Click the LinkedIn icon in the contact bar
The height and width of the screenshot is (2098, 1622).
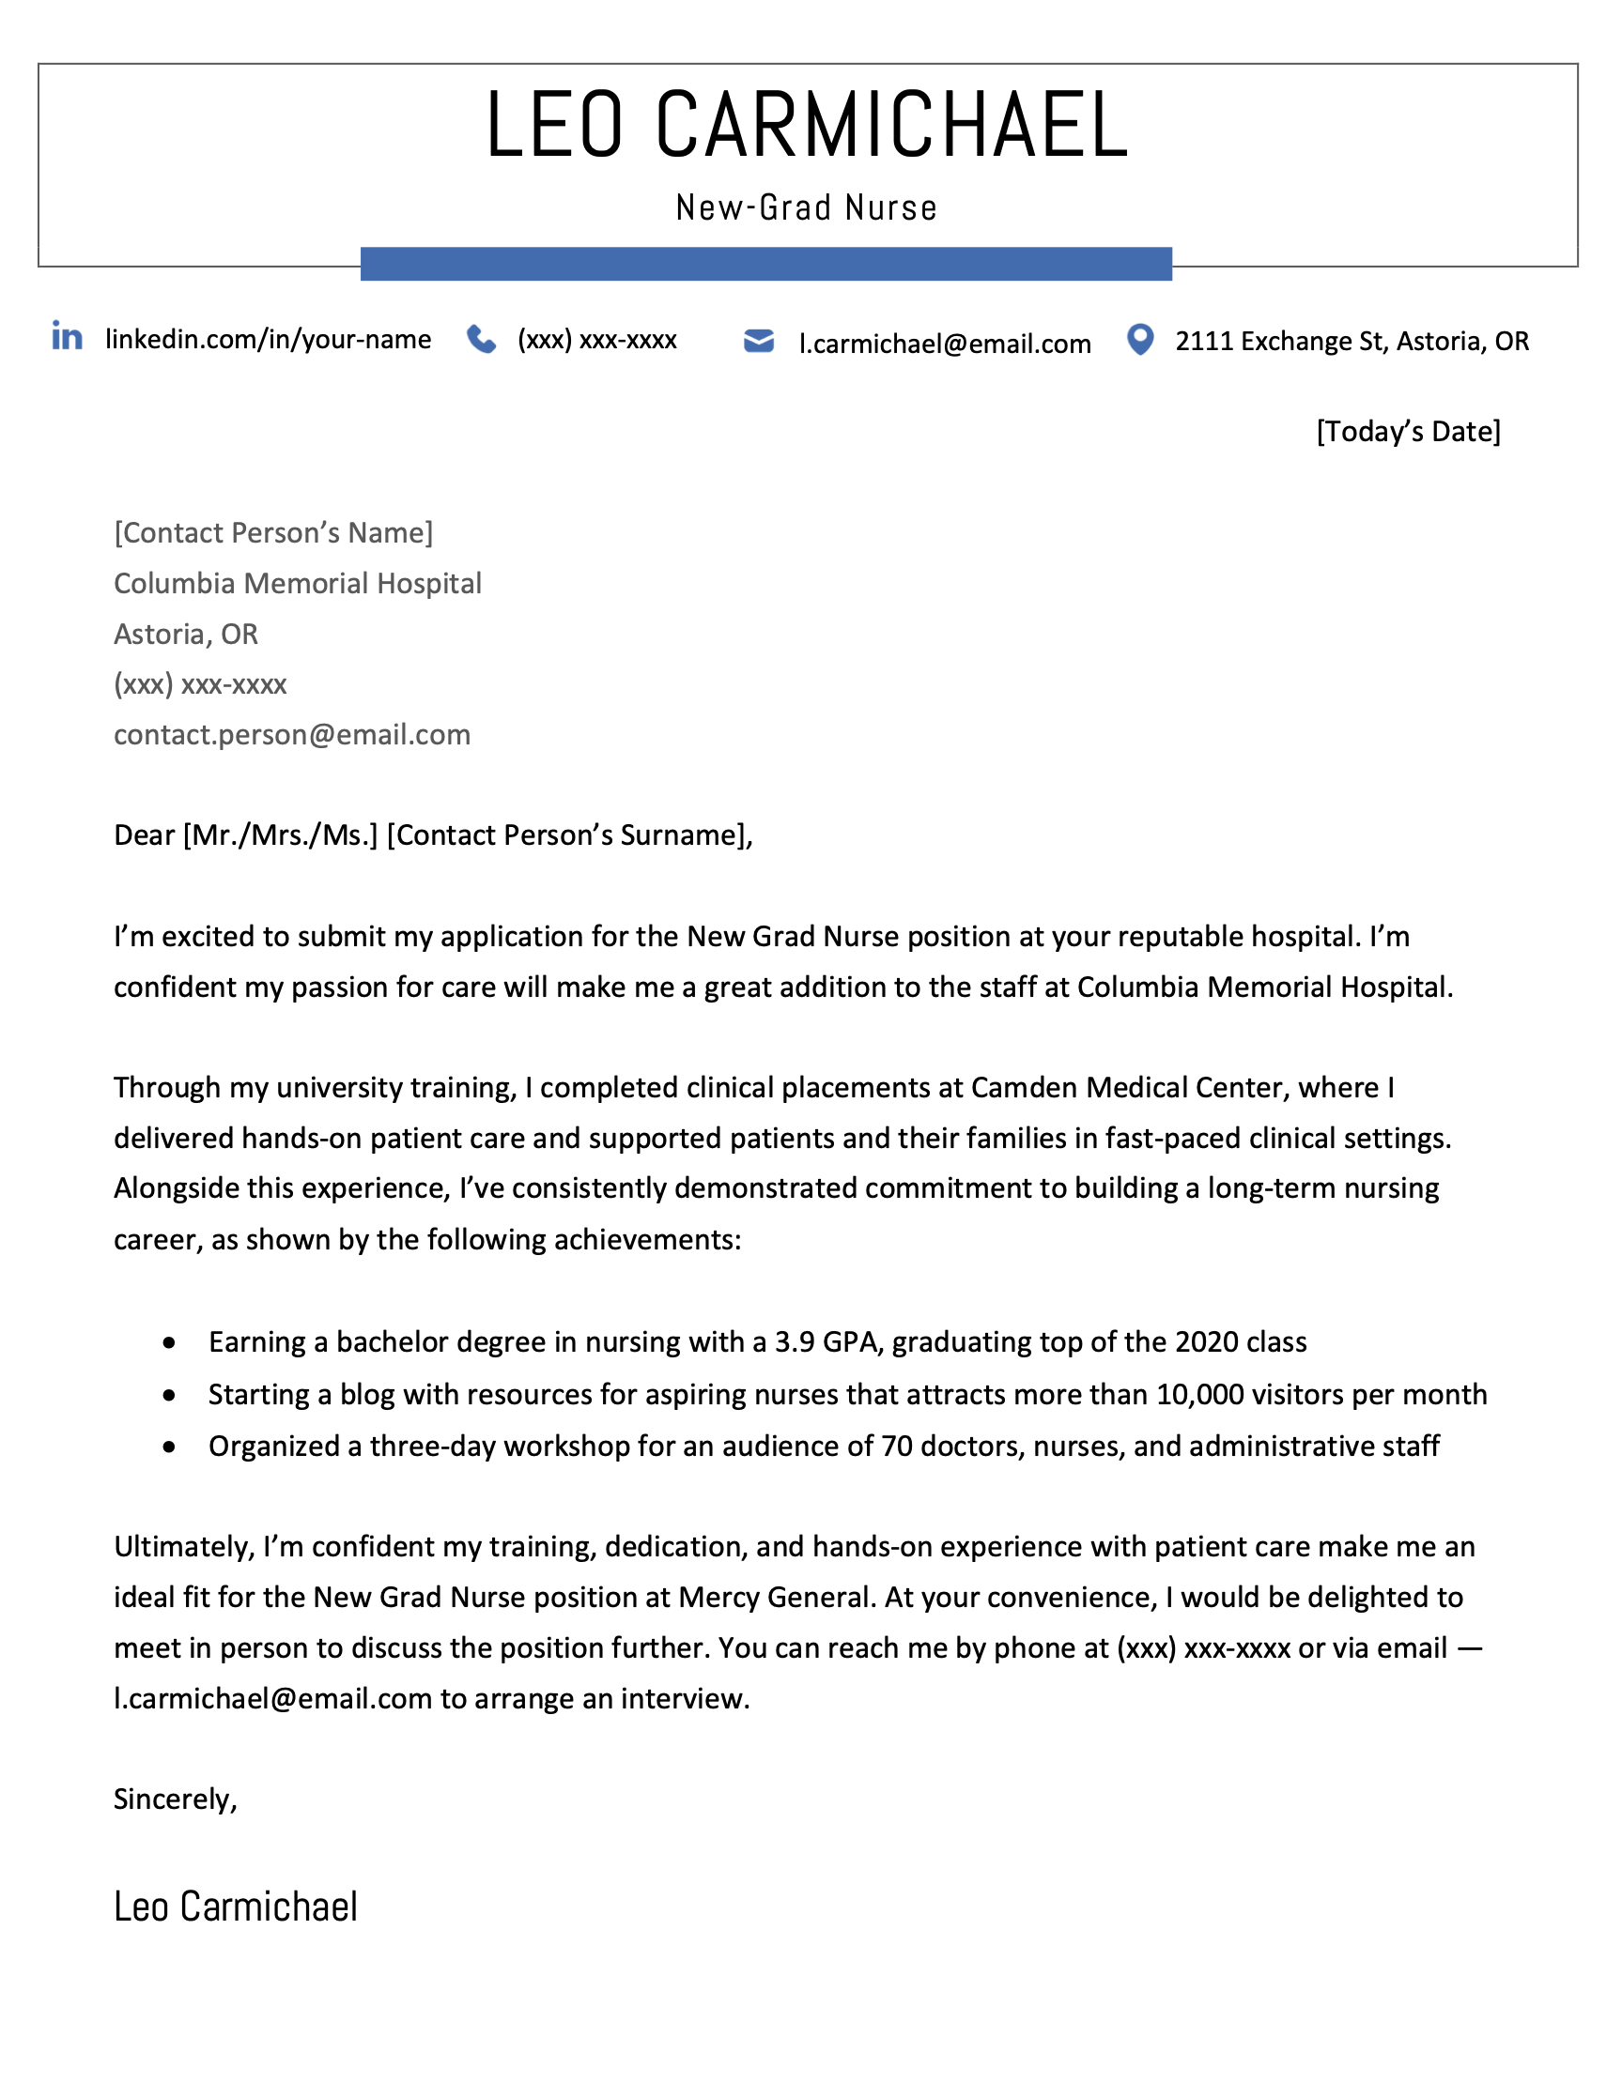[68, 336]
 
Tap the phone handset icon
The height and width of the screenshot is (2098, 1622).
[482, 339]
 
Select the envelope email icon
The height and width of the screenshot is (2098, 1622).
[758, 341]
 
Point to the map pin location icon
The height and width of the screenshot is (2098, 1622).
[1139, 339]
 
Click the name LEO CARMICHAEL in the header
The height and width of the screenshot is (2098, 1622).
[807, 125]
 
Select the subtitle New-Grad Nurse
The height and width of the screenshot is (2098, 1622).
[806, 207]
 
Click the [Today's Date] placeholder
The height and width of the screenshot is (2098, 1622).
[1408, 431]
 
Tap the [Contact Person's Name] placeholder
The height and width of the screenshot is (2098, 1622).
[273, 532]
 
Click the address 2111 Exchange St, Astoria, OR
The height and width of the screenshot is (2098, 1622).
[1351, 341]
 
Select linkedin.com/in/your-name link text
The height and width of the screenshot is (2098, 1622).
[268, 339]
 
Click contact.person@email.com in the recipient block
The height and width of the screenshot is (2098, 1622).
[292, 735]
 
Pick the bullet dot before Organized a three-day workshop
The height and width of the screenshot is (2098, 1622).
[169, 1447]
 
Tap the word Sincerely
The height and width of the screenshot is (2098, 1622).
[174, 1799]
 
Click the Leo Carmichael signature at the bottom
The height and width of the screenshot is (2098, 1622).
[236, 1907]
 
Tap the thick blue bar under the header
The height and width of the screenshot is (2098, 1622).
[765, 264]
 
